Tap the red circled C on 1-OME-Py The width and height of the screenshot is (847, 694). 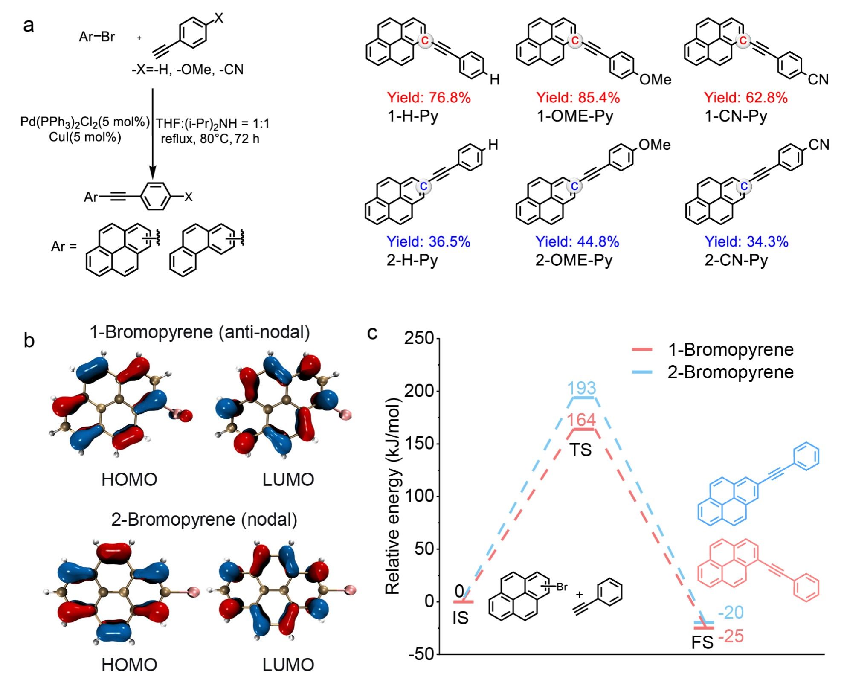pyautogui.click(x=574, y=41)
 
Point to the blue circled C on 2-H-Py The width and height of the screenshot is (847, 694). pyautogui.click(x=423, y=186)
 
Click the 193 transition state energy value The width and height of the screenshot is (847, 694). pyautogui.click(x=582, y=388)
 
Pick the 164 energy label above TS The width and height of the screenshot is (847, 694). pyautogui.click(x=581, y=420)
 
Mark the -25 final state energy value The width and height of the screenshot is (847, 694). pyautogui.click(x=731, y=636)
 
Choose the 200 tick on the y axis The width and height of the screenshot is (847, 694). pyautogui.click(x=419, y=391)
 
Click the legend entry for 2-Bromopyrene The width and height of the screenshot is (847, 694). pyautogui.click(x=712, y=372)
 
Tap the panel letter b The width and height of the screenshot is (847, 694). pyautogui.click(x=29, y=340)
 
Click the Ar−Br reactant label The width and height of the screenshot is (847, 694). pyautogui.click(x=96, y=37)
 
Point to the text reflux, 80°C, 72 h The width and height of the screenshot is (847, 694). pyautogui.click(x=210, y=139)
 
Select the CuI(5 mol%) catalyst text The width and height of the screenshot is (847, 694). pyautogui.click(x=85, y=137)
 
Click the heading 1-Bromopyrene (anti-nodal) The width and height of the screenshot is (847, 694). pyautogui.click(x=200, y=332)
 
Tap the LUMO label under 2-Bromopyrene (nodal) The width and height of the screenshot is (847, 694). pyautogui.click(x=288, y=665)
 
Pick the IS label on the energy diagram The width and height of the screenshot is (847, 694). pyautogui.click(x=460, y=619)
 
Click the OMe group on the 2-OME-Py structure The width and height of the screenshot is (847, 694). pyautogui.click(x=655, y=145)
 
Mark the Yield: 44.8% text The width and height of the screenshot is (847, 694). pyautogui.click(x=577, y=242)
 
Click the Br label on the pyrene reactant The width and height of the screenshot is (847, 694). pyautogui.click(x=562, y=587)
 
